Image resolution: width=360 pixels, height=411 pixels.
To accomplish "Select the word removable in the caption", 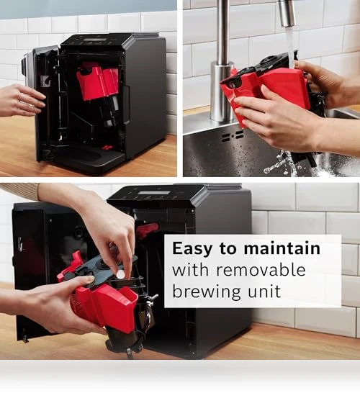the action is pos(261,270).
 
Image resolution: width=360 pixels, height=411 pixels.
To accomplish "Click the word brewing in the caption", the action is pos(207,292).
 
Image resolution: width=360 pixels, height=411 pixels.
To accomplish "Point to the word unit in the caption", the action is pos(264,292).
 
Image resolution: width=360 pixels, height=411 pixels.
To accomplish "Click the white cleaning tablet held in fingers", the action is pos(121,275).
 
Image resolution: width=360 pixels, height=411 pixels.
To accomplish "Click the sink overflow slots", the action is pos(233,136).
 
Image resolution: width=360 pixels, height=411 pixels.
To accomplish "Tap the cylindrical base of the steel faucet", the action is pos(222,91).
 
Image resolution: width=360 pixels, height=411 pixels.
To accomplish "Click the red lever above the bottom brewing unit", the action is pos(148,230).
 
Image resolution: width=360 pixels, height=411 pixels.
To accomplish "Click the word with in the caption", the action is pos(190,270).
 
